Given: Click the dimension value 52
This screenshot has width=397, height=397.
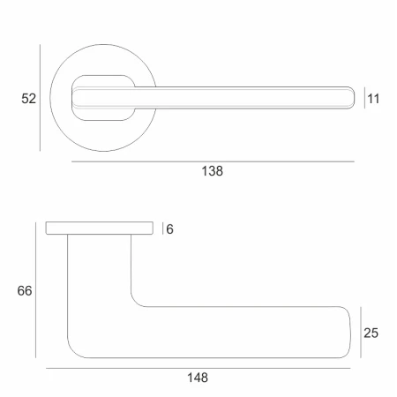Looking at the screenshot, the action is (28, 98).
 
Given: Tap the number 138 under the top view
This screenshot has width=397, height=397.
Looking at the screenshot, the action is (212, 171).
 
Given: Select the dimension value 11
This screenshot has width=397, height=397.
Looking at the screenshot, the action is (373, 99).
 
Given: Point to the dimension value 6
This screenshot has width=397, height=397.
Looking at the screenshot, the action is (169, 229).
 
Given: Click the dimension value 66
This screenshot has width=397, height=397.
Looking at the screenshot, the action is (25, 291).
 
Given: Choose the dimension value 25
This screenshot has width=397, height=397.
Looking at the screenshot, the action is (371, 333).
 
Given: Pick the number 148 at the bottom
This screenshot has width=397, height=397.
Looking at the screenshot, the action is (198, 378).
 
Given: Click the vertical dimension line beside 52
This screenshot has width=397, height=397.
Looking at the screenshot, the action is (40, 98).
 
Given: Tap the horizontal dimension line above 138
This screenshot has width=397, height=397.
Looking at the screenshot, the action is (213, 161).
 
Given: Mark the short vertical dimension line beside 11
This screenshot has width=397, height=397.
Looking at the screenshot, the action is (364, 98).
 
